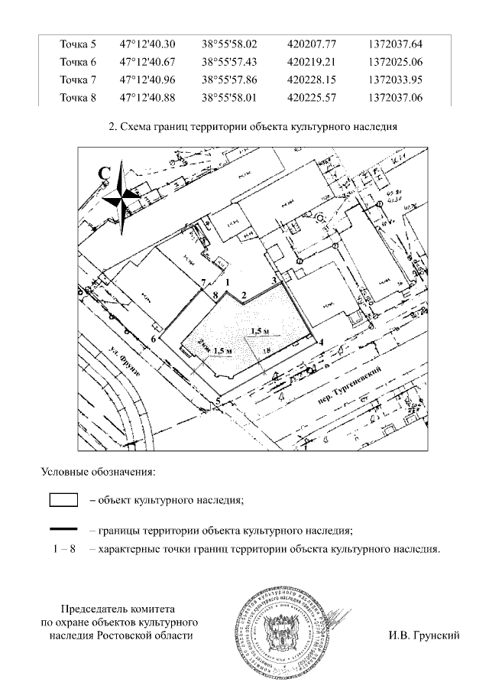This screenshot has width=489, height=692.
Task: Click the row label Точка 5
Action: (x=78, y=44)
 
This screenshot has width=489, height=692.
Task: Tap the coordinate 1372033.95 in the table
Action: (x=395, y=80)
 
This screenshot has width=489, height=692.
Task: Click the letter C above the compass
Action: (x=105, y=174)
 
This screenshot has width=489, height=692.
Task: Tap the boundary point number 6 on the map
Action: (x=154, y=338)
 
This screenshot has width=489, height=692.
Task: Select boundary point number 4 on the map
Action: (x=322, y=342)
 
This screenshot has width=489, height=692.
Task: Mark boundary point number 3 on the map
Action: (x=274, y=280)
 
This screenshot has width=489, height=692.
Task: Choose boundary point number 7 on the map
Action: (x=202, y=282)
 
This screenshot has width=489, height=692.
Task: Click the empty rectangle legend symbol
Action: (x=63, y=501)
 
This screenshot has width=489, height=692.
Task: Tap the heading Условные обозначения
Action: (x=98, y=472)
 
